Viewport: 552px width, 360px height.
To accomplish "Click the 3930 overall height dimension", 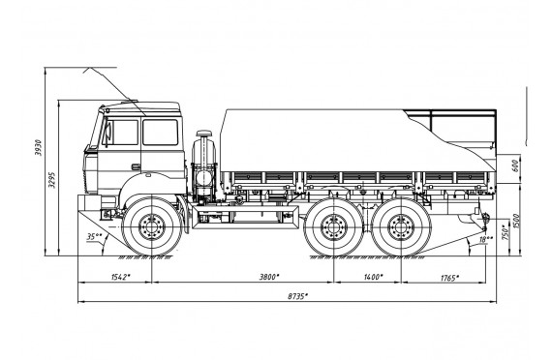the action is pyautogui.click(x=38, y=148).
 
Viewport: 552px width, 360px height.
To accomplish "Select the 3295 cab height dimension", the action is pyautogui.click(x=51, y=180).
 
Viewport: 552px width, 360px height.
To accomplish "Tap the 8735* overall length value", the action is pyautogui.click(x=297, y=296).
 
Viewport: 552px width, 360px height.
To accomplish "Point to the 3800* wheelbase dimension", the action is pyautogui.click(x=269, y=277).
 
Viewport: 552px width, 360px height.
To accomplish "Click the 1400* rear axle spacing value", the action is pyautogui.click(x=373, y=277).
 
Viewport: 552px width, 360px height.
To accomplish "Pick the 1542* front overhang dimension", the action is pyautogui.click(x=121, y=277).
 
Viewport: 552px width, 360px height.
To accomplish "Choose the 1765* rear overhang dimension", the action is pyautogui.click(x=450, y=279).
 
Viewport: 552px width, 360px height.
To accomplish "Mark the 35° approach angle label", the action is pyautogui.click(x=94, y=237).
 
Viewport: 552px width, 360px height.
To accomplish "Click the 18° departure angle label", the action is pyautogui.click(x=486, y=239).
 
